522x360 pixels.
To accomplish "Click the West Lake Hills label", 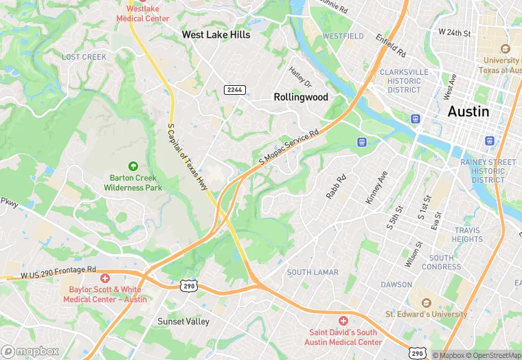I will click(x=216, y=34).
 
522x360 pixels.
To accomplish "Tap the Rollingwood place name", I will click(x=301, y=98).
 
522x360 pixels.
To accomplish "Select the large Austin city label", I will click(x=468, y=111).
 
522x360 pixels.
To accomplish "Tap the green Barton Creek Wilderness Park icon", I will click(x=133, y=166).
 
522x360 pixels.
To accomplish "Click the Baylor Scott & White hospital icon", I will click(x=105, y=278).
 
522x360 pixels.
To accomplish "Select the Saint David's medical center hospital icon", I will click(x=343, y=321).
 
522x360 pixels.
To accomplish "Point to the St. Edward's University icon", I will click(x=425, y=303).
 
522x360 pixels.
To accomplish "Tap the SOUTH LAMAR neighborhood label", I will click(x=313, y=273).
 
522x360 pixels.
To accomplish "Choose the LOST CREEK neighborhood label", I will click(x=84, y=57).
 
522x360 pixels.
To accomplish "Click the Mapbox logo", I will click(x=30, y=351).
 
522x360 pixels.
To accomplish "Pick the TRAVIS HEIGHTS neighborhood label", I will click(x=468, y=235).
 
